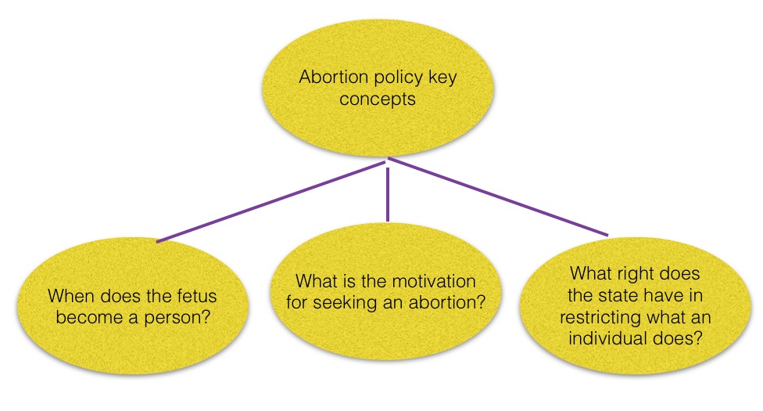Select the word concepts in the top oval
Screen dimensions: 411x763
coord(389,99)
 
